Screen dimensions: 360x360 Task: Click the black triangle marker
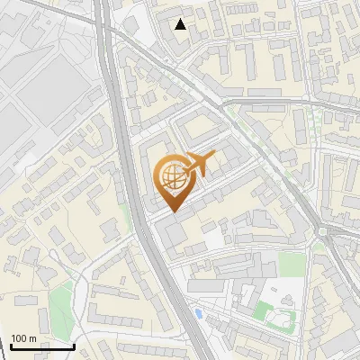181,24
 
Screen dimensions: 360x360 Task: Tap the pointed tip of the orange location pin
174,211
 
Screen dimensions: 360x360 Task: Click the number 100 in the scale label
20,338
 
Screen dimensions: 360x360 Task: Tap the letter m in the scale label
32,338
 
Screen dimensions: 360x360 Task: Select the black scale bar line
41,346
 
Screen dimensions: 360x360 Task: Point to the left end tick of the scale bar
11,346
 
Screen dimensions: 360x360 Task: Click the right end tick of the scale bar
73,346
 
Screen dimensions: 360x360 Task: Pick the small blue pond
197,313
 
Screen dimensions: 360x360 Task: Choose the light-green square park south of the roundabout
289,262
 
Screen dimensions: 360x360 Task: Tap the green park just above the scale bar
60,306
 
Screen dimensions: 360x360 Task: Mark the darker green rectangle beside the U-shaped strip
263,311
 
